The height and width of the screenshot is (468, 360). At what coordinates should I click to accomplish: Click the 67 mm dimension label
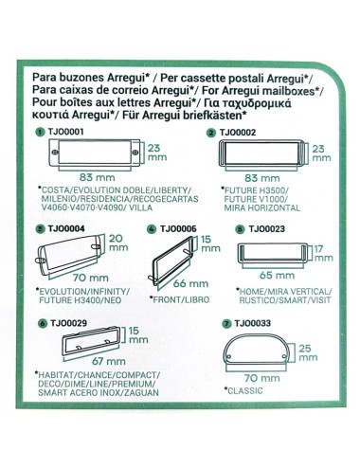click(87, 361)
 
